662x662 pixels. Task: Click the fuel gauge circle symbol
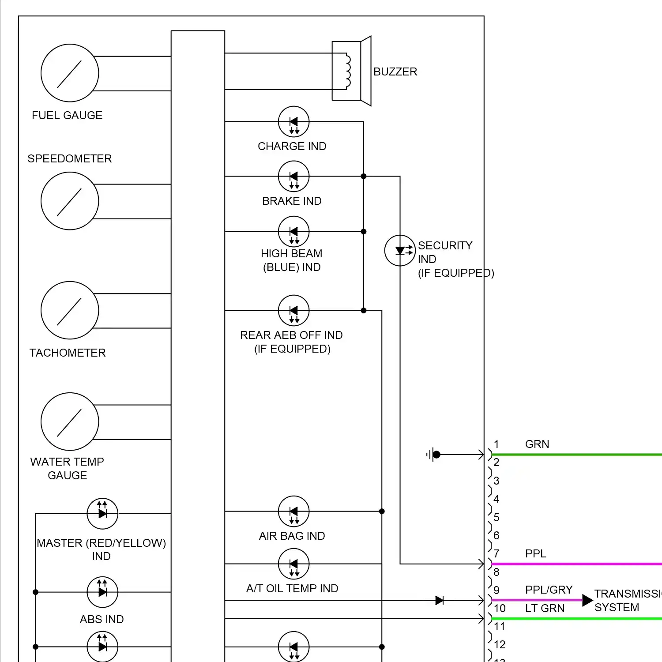tap(70, 73)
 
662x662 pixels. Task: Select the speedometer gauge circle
tap(70, 201)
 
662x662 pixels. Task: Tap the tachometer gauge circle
tap(70, 310)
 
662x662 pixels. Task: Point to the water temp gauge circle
tap(70, 421)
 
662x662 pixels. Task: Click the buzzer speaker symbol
tap(352, 71)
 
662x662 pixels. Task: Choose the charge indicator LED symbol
tap(293, 122)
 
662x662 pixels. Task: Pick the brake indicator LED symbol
tap(293, 177)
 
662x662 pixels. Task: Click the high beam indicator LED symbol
tap(293, 232)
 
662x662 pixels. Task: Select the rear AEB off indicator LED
tap(293, 310)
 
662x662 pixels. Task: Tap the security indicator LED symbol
tap(400, 251)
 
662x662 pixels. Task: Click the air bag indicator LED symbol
tap(293, 512)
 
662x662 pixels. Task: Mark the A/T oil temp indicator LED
tap(293, 564)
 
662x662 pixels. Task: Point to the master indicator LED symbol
tap(102, 514)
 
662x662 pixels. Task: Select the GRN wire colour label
tap(537, 444)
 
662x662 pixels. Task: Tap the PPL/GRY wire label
tap(549, 590)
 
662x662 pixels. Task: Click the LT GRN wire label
tap(545, 608)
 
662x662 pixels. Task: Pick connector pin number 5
tap(496, 517)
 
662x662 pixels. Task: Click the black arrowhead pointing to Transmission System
tap(587, 600)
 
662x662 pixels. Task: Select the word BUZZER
tap(395, 71)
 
